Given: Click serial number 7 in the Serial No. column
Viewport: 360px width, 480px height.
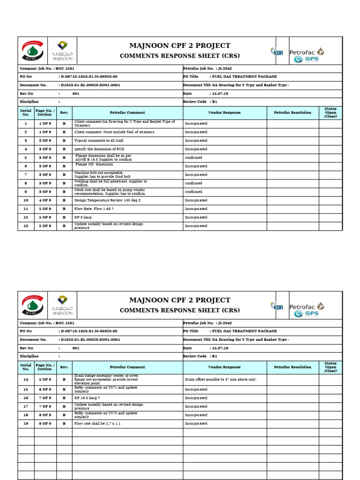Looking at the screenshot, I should click(x=26, y=175).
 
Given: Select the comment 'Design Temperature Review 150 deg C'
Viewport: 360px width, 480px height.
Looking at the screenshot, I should click(x=107, y=200).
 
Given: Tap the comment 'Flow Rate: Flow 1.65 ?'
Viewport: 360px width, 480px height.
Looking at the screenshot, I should click(x=94, y=209).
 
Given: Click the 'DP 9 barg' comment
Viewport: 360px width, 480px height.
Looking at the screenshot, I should click(x=83, y=217).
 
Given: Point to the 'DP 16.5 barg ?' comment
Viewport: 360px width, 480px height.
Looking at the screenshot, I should click(x=87, y=398).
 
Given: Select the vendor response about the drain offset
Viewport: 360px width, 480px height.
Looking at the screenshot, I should click(x=221, y=380).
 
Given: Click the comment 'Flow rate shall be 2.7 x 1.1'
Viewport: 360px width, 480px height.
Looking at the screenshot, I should click(x=97, y=423).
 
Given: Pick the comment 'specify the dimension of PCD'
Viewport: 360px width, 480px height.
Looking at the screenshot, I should click(x=100, y=149).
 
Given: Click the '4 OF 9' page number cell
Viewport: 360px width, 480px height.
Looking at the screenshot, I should click(x=45, y=200).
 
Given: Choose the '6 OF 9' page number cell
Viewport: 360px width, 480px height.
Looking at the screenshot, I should click(x=45, y=390).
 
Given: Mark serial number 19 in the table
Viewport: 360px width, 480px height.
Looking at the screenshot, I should click(x=26, y=423).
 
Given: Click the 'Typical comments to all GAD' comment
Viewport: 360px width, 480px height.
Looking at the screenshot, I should click(x=99, y=141).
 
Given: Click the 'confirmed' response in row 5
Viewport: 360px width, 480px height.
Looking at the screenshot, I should click(x=194, y=158).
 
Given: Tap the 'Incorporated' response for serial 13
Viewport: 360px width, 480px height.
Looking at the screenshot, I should click(x=196, y=226).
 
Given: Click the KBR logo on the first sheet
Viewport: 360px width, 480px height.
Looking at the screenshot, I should click(x=277, y=51).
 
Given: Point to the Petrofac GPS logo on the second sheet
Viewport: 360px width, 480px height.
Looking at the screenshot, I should click(x=307, y=310).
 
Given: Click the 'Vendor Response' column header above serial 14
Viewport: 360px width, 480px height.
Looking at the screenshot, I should click(x=225, y=367).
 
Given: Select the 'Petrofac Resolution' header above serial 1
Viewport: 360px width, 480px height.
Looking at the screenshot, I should click(x=292, y=113).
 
